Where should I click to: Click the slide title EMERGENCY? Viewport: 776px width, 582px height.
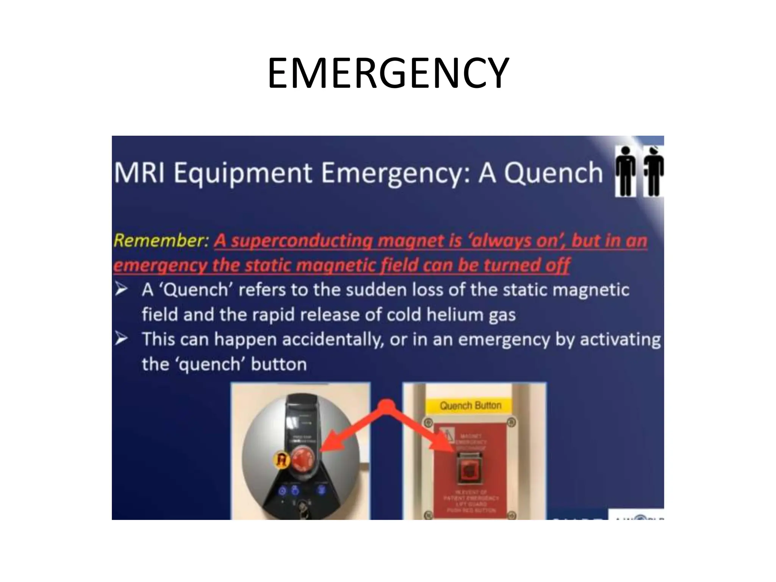(x=388, y=73)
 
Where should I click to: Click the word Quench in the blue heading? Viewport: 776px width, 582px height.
(x=553, y=174)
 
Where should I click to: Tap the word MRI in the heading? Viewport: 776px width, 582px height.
(x=140, y=173)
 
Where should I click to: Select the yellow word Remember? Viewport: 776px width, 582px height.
(x=161, y=241)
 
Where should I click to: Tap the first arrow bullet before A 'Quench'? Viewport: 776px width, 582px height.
(x=122, y=289)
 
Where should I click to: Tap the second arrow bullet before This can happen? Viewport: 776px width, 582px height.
(x=122, y=339)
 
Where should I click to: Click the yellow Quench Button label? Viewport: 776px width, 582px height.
(x=470, y=406)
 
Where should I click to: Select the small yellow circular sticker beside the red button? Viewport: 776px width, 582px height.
(x=282, y=460)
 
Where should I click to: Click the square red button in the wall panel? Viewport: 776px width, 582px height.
(x=469, y=471)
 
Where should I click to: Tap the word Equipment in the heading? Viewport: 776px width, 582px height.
(x=243, y=174)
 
